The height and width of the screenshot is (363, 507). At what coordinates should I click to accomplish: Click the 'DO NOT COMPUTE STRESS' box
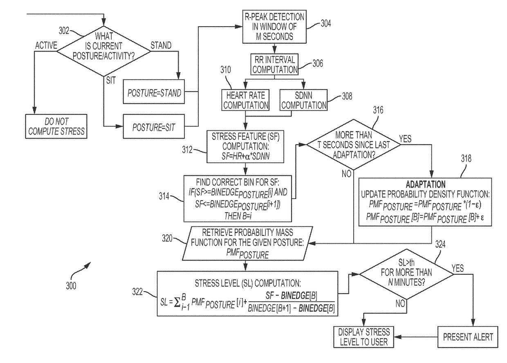(56, 126)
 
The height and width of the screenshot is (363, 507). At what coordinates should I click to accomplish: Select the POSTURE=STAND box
(154, 92)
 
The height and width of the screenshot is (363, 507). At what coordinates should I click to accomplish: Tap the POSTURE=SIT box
(154, 126)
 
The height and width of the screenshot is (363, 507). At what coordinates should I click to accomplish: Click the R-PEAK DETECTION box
(274, 27)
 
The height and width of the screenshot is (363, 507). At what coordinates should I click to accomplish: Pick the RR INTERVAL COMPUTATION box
(274, 64)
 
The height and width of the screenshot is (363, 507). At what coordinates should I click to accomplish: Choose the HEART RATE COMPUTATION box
(246, 100)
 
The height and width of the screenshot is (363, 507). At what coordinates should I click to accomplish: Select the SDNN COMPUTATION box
(303, 100)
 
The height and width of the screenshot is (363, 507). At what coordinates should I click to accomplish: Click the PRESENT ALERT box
(468, 337)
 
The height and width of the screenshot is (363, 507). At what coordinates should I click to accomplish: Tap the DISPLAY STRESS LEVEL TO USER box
(364, 337)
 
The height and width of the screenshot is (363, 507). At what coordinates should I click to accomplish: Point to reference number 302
(64, 31)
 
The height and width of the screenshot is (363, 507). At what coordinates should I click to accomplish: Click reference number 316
(378, 110)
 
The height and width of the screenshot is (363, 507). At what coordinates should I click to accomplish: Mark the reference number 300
(71, 286)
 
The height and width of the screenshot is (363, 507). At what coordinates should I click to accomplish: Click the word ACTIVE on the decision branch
(46, 45)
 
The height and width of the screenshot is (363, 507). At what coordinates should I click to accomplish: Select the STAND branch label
(161, 45)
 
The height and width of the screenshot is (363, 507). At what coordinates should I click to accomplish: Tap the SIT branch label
(111, 80)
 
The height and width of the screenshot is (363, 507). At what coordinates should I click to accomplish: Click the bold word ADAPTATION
(426, 184)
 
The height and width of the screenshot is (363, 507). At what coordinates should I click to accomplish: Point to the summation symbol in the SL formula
(177, 303)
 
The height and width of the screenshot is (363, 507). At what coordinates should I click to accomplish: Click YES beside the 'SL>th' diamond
(458, 269)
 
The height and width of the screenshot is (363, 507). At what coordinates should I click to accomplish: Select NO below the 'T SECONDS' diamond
(346, 174)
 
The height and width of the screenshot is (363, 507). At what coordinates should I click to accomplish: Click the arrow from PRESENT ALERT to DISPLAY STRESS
(416, 337)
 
